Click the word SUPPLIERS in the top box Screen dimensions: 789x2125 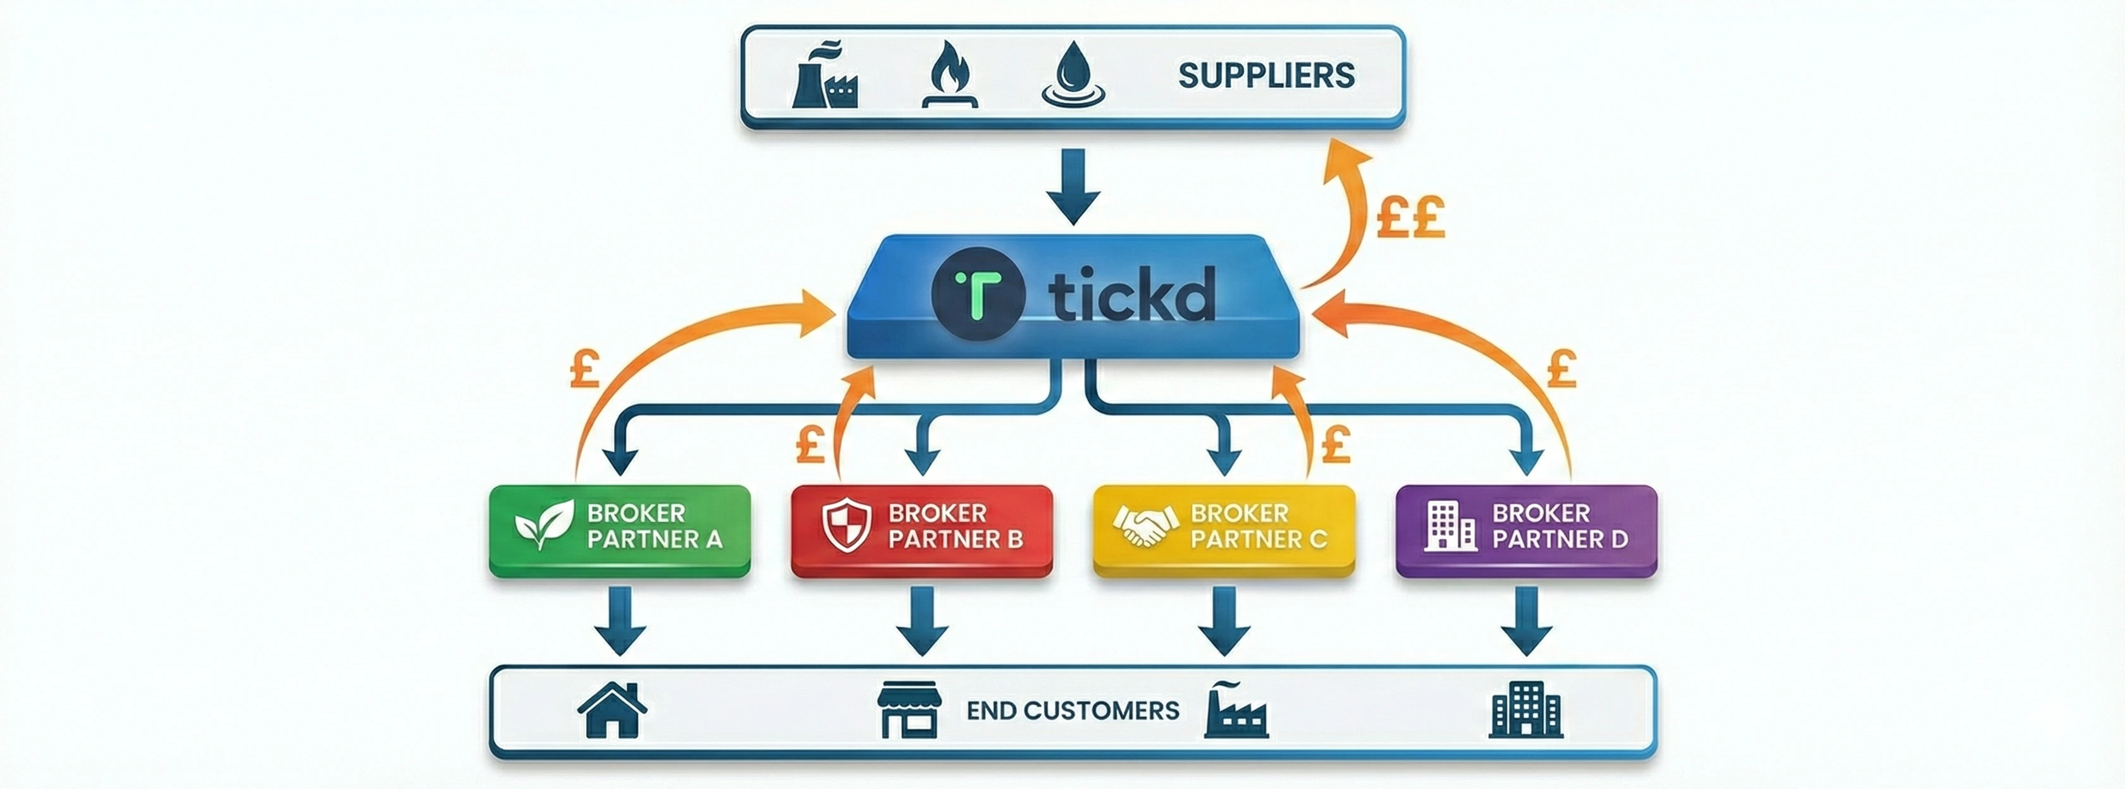pyautogui.click(x=1266, y=76)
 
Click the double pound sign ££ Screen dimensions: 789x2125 pyautogui.click(x=1410, y=217)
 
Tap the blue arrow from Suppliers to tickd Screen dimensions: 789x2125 pyautogui.click(x=1073, y=188)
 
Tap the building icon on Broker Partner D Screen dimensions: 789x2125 pyautogui.click(x=1450, y=525)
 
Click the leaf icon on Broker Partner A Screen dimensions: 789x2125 pyautogui.click(x=544, y=524)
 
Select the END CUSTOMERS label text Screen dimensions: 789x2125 pyautogui.click(x=1073, y=711)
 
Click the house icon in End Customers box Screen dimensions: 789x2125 pyautogui.click(x=612, y=710)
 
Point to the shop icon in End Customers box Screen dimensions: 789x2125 pyautogui.click(x=908, y=710)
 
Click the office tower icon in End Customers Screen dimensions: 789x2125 pyautogui.click(x=1525, y=710)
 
